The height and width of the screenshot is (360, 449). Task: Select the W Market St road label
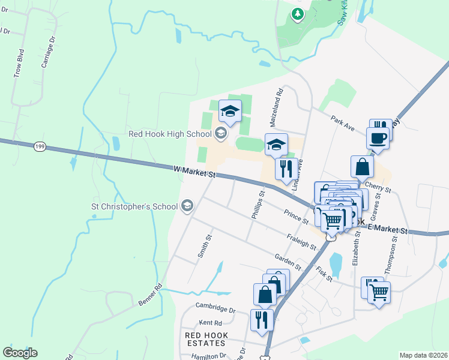point(194,173)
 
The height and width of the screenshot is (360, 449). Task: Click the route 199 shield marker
point(40,146)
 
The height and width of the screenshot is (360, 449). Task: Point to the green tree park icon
point(297,14)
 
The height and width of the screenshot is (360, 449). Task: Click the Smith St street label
point(205,246)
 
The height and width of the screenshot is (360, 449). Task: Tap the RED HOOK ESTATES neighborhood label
point(205,339)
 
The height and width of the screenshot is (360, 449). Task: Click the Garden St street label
point(288,262)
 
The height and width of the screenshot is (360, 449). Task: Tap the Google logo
point(20,353)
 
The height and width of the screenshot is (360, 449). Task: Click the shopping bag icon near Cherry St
point(363,167)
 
